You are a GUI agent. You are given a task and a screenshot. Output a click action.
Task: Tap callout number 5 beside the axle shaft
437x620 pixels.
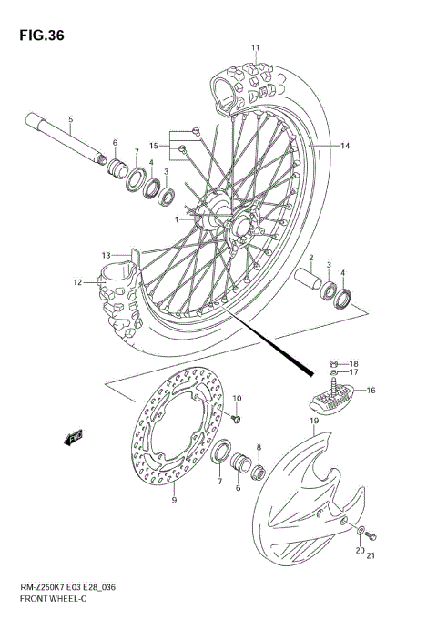click(x=70, y=120)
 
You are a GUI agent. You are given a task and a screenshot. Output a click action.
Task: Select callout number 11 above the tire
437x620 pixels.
click(x=256, y=46)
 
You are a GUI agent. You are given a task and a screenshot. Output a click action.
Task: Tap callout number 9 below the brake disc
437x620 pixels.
click(x=174, y=500)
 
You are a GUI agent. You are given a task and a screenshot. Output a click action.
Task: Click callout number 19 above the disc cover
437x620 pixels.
click(x=311, y=422)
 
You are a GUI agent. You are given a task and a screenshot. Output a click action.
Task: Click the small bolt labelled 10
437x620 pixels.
click(x=236, y=418)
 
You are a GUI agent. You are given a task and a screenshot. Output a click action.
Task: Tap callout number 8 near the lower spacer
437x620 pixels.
click(x=259, y=448)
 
